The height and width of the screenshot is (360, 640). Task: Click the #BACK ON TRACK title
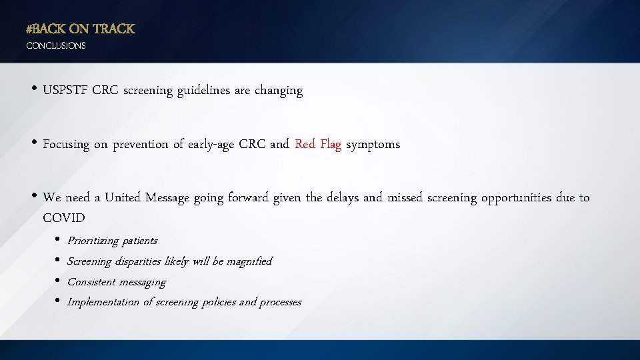(80, 29)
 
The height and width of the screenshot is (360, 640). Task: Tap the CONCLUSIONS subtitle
(56, 46)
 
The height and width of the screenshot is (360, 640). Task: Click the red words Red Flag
(318, 144)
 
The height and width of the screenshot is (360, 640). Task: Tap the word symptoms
(373, 145)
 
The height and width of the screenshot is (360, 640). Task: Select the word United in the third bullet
(123, 198)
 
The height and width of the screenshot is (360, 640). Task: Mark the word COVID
(64, 218)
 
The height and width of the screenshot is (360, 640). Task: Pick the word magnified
(249, 261)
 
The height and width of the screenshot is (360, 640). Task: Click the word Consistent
(91, 282)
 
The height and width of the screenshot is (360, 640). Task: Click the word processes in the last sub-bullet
(280, 303)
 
